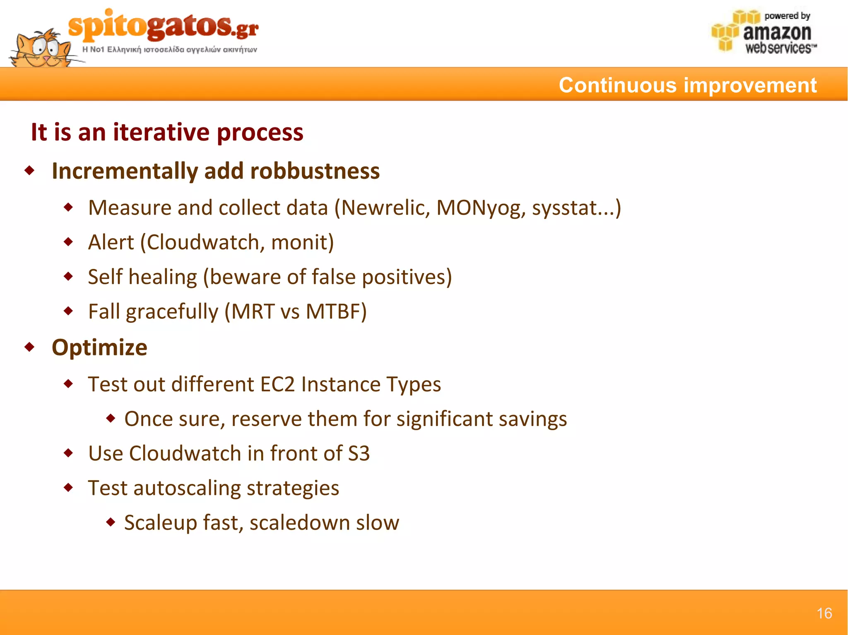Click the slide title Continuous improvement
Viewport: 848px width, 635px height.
point(687,85)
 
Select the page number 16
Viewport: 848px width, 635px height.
point(824,613)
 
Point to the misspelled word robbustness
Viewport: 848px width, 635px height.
point(315,171)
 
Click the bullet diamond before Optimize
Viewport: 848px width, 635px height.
point(29,347)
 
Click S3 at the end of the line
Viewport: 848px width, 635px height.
point(359,453)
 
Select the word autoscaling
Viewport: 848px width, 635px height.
point(187,488)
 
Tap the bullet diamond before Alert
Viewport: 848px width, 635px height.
point(68,242)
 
